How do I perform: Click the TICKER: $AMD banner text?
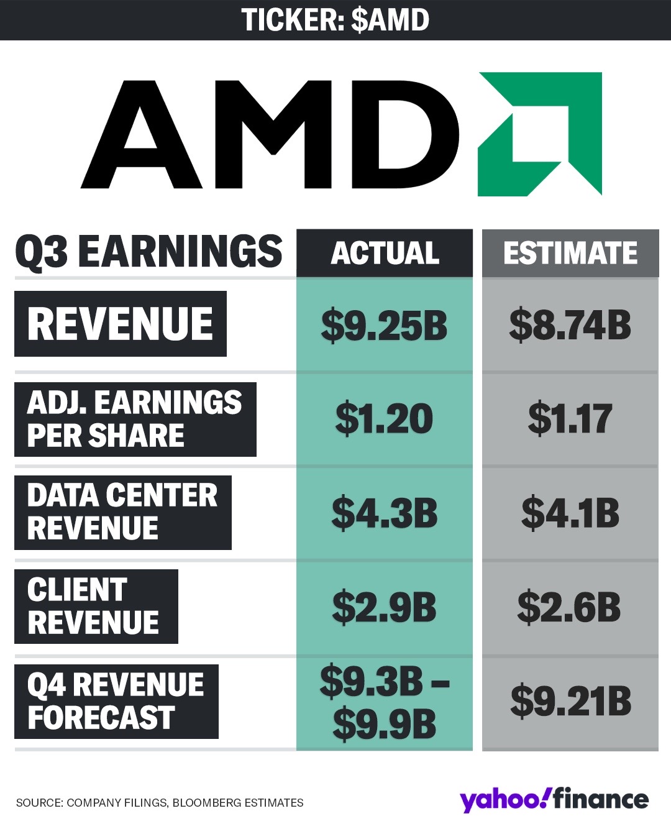[x=335, y=20]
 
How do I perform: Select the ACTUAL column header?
[x=385, y=253]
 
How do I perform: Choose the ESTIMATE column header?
[x=570, y=253]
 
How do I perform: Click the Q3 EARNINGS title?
[x=148, y=252]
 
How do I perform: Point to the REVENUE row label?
[x=121, y=324]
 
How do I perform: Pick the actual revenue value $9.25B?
[x=385, y=325]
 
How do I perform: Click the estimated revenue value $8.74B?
[x=570, y=325]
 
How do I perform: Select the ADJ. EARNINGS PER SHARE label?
[x=135, y=419]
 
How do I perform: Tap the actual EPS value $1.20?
[x=385, y=419]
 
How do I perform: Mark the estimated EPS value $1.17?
[x=570, y=419]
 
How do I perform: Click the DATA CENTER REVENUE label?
[x=122, y=512]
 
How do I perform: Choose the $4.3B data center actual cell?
[x=385, y=513]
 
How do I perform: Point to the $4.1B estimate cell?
[x=570, y=513]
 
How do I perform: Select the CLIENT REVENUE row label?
[x=96, y=607]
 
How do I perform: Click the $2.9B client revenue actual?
[x=385, y=607]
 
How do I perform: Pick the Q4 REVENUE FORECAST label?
[x=116, y=701]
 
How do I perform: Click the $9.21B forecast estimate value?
[x=570, y=702]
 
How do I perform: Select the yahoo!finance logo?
[x=554, y=800]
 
